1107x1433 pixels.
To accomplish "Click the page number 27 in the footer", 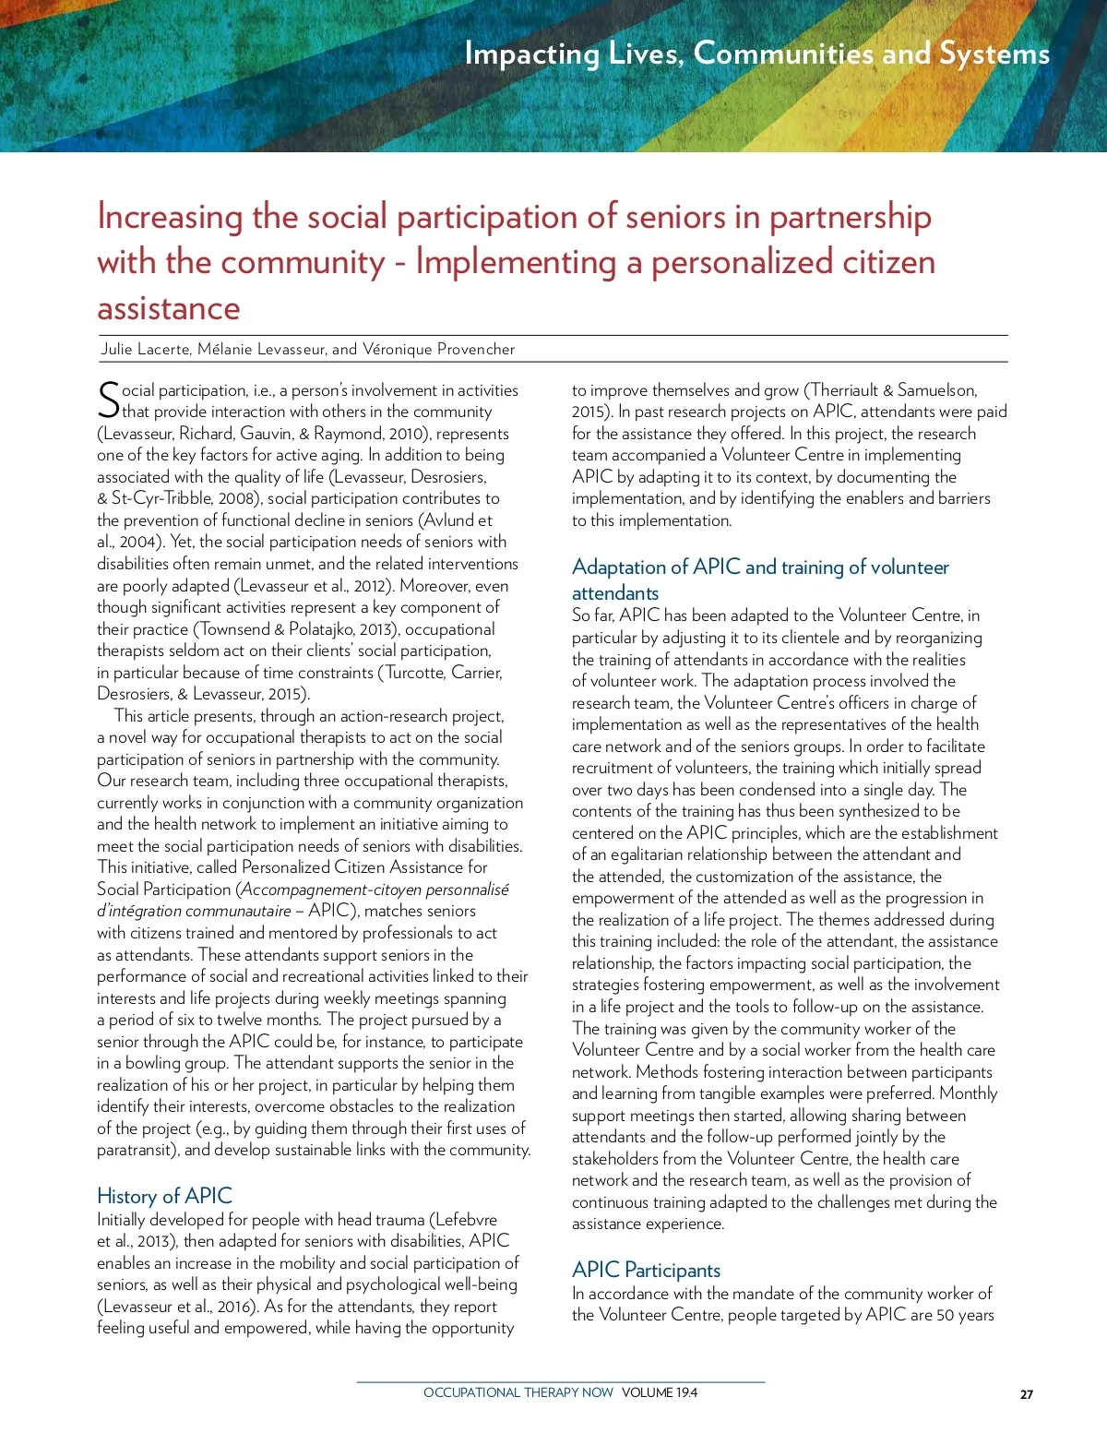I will click(x=1026, y=1394).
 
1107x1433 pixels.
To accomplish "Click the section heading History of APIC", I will click(x=164, y=1196).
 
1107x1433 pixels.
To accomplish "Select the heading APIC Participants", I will click(x=646, y=1270).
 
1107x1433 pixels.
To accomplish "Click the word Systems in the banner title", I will click(x=994, y=54).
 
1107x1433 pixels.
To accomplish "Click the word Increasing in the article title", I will click(x=170, y=217).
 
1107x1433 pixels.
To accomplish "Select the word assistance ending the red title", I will click(x=168, y=307).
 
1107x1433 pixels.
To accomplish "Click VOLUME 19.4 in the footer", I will click(x=660, y=1392).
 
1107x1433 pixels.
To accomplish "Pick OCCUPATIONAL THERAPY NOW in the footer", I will click(x=518, y=1392).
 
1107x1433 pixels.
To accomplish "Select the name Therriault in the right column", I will click(x=845, y=390).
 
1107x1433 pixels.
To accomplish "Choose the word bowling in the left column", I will click(x=153, y=1063).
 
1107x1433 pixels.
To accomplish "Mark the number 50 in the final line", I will click(x=946, y=1315).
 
